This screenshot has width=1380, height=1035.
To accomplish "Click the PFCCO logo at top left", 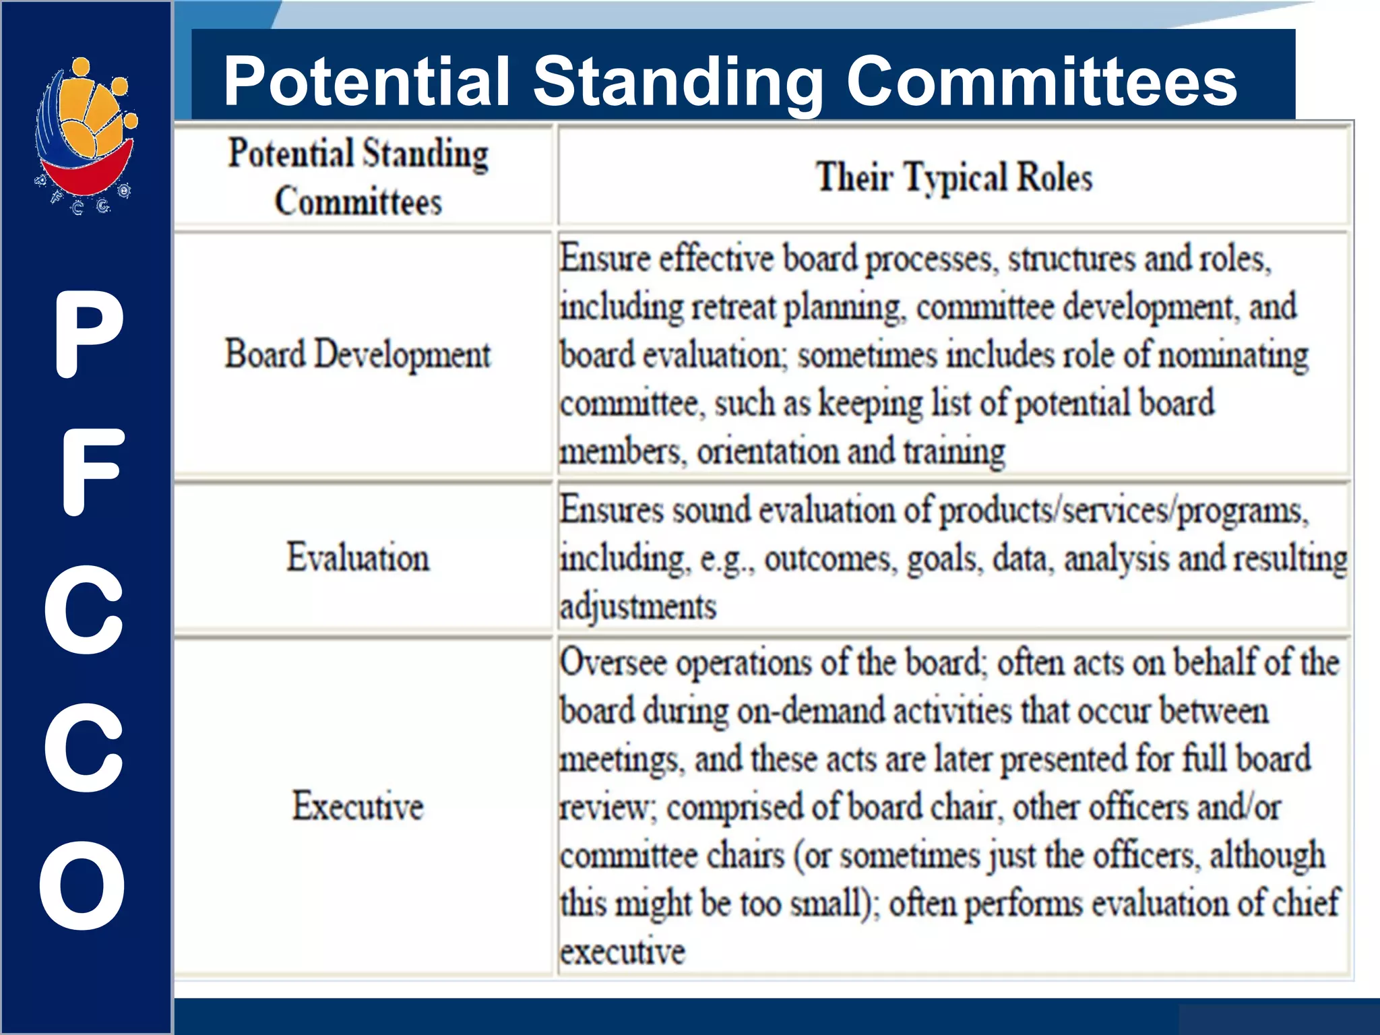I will tap(86, 135).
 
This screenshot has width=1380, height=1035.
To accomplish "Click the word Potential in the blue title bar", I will tap(366, 82).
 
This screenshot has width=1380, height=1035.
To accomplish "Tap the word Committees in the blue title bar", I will tap(1041, 82).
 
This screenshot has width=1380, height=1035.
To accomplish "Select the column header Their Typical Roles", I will tap(953, 177).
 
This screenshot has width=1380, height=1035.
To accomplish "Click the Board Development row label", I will tap(358, 355).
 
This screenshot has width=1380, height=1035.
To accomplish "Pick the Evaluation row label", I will tap(358, 558).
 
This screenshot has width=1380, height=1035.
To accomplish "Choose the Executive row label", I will tap(358, 806).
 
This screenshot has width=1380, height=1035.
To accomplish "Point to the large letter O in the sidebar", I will tap(82, 885).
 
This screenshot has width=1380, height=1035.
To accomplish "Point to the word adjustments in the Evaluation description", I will tap(638, 606).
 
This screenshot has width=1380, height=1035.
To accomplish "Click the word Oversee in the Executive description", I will tap(613, 663).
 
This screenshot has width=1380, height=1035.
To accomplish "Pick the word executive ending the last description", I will tap(623, 952).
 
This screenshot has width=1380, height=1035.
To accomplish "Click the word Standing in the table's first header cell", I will tap(426, 154).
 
